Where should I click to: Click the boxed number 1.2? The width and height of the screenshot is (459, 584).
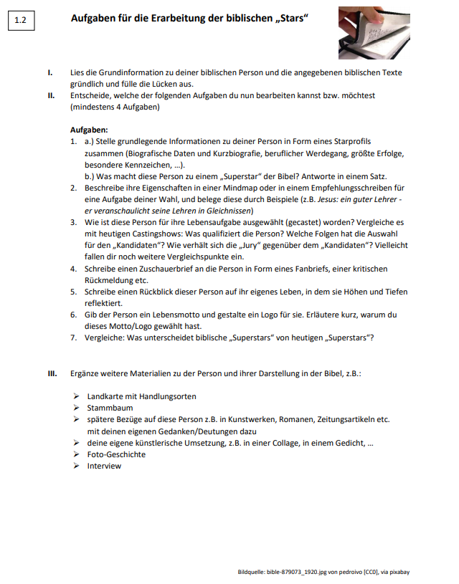(x=19, y=21)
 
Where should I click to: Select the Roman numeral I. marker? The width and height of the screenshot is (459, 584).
(x=49, y=73)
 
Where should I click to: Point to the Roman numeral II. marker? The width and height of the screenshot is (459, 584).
(x=51, y=95)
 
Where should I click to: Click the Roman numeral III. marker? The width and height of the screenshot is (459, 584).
(x=52, y=375)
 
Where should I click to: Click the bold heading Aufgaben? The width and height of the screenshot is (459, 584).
(x=89, y=130)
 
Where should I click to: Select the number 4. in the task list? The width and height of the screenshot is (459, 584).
(x=74, y=268)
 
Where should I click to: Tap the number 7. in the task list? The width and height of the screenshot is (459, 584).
(x=74, y=337)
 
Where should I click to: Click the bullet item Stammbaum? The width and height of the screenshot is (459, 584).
(x=110, y=408)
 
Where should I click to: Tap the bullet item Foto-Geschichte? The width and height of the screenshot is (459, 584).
(x=116, y=454)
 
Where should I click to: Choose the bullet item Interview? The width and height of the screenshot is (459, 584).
(x=104, y=466)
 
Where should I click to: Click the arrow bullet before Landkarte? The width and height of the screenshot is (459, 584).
(x=75, y=396)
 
